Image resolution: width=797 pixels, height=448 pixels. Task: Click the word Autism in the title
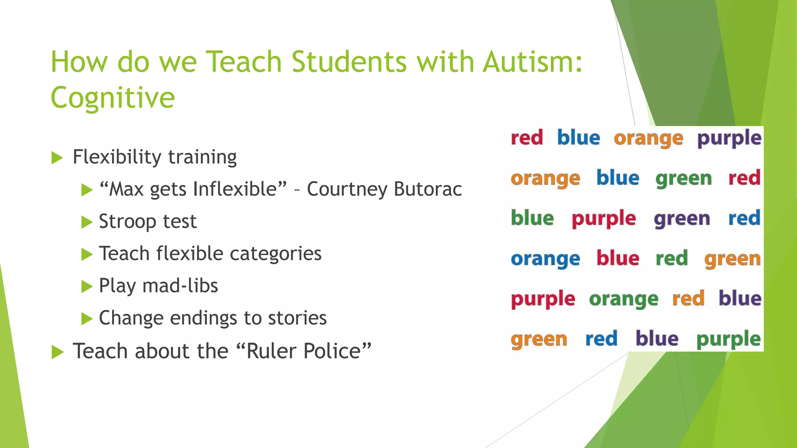(532, 62)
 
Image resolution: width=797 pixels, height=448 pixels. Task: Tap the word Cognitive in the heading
(112, 98)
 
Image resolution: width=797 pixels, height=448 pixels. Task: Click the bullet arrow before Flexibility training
(57, 158)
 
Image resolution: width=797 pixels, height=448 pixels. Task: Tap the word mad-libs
(180, 286)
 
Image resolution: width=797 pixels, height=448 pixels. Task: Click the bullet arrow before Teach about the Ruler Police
(57, 352)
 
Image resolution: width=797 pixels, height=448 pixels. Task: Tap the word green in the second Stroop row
(683, 179)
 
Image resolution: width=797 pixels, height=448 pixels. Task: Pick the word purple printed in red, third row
(604, 219)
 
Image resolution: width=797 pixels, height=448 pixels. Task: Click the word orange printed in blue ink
(545, 259)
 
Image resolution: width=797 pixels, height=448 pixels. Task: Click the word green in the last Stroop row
(539, 339)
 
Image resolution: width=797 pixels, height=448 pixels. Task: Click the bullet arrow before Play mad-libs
(87, 287)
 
